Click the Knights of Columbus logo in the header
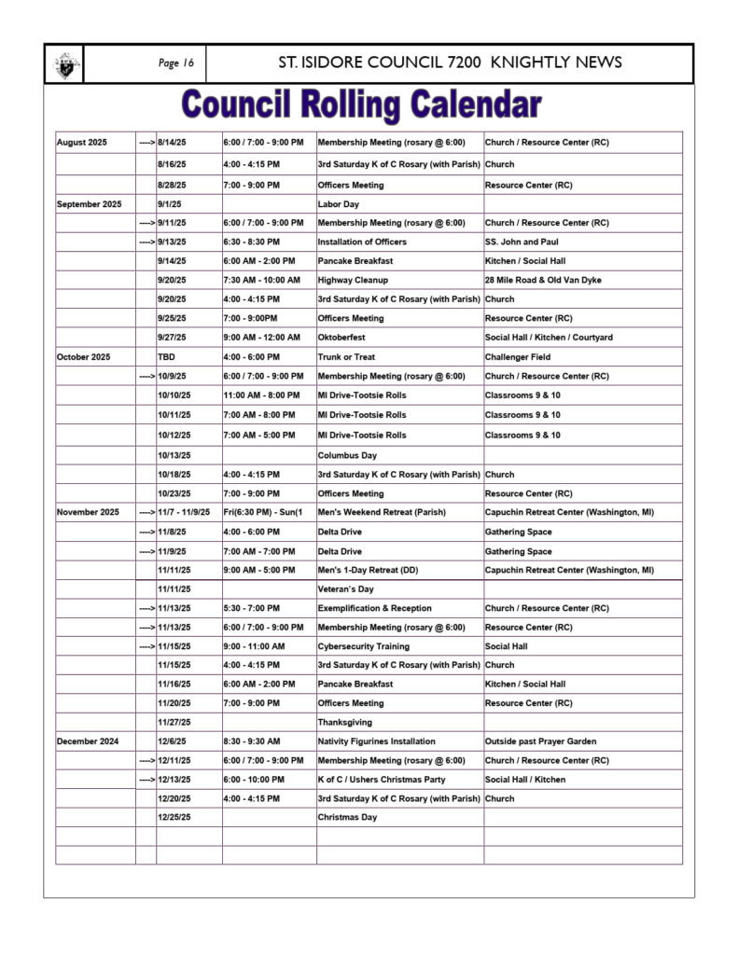pos(64,64)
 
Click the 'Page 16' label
pos(176,63)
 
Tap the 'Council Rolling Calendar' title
pos(362,104)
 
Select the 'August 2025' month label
pos(82,143)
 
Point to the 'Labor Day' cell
pos(339,203)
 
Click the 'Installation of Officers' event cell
pos(362,242)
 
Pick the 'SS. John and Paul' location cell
pos(522,242)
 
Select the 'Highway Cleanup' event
pos(353,280)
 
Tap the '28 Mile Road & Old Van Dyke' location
pos(544,280)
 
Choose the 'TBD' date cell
pos(166,356)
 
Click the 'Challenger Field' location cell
pos(518,356)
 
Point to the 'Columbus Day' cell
pos(347,455)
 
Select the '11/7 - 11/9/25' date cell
pos(184,512)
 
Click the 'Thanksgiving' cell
pos(344,722)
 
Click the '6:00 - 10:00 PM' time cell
pos(255,779)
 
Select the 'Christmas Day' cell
pos(347,817)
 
